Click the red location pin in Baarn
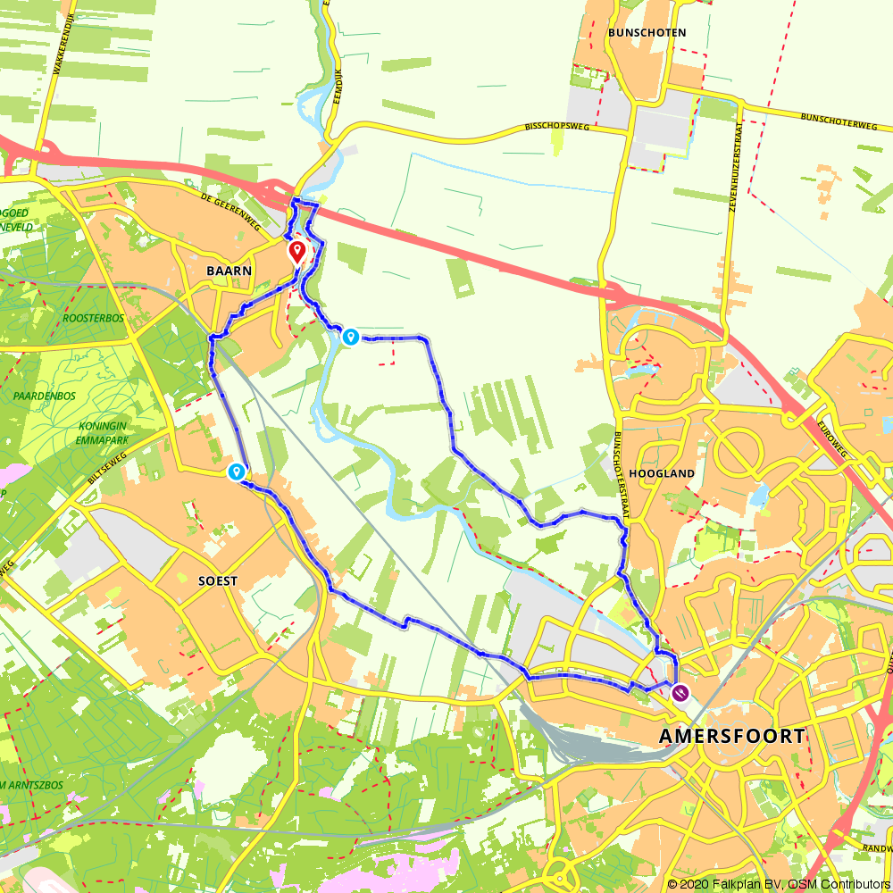pos(296,251)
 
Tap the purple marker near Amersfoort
pos(681,691)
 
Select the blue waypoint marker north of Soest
pos(237,472)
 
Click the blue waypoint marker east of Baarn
pos(351,337)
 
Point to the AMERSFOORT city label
pos(731,737)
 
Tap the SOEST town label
pos(218,580)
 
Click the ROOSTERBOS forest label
pos(93,317)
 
